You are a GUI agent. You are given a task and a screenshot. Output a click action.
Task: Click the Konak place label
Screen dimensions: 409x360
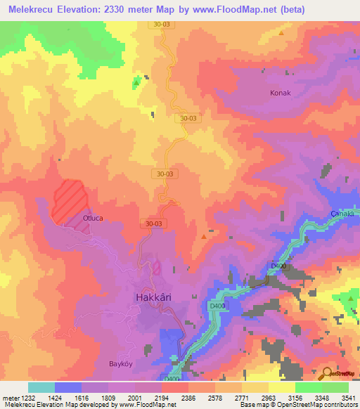tap(281, 92)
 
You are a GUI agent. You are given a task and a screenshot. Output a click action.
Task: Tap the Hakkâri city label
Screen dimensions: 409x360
tap(153, 297)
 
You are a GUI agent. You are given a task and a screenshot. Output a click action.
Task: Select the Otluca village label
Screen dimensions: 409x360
tap(94, 218)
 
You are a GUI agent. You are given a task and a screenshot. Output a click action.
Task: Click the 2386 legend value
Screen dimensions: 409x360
tap(188, 398)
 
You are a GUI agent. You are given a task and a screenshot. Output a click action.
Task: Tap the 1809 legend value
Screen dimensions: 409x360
tap(108, 398)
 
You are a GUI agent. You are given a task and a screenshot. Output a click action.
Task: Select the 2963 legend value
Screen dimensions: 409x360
tap(268, 398)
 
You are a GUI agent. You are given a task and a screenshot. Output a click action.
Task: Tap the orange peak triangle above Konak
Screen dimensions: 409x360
tap(281, 32)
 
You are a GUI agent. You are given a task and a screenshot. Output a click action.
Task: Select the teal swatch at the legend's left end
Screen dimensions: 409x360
tap(41, 387)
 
